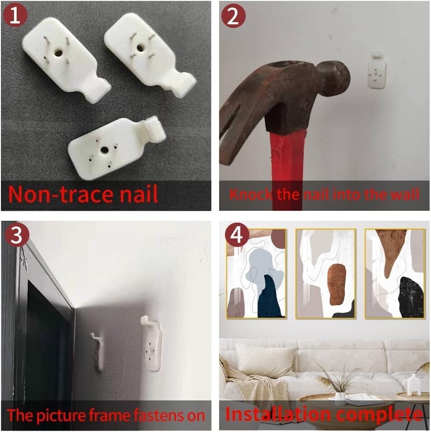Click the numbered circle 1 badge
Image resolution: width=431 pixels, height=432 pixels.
point(15,15)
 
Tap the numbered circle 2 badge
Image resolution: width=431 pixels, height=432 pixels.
point(233,16)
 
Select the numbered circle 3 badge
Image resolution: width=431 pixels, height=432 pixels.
point(17,235)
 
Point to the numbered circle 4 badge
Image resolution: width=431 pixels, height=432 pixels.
point(237,235)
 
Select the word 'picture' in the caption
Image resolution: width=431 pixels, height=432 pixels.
point(61,415)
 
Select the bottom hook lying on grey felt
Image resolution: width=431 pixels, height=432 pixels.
point(116,148)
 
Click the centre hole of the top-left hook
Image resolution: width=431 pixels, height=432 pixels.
point(58,52)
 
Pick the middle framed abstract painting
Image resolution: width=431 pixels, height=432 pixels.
point(326,274)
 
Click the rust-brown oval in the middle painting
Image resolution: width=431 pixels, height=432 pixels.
point(337,284)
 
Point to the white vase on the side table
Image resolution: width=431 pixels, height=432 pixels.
point(414,385)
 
